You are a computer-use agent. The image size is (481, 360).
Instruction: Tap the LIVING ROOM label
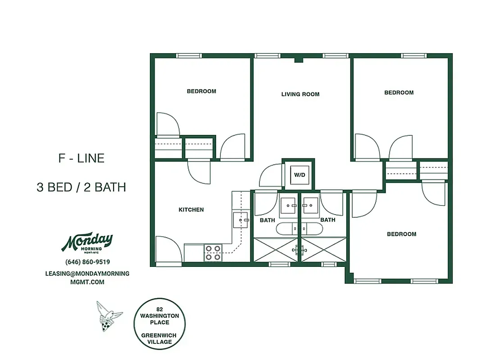pyautogui.click(x=300, y=94)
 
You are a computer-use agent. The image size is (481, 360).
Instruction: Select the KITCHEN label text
pyautogui.click(x=191, y=210)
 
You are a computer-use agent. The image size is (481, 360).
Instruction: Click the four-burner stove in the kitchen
pyautogui.click(x=213, y=252)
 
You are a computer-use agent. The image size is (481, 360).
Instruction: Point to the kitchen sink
pyautogui.click(x=239, y=220)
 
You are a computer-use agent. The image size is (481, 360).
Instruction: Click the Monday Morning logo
pyautogui.click(x=87, y=243)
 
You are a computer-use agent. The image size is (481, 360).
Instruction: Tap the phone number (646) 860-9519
pyautogui.click(x=87, y=262)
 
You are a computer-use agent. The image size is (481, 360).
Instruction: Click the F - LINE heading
pyautogui.click(x=82, y=158)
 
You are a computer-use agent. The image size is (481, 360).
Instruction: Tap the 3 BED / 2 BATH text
pyautogui.click(x=81, y=187)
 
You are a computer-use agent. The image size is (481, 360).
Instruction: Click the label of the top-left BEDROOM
pyautogui.click(x=201, y=91)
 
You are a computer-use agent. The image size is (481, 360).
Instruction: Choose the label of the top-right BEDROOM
pyautogui.click(x=399, y=93)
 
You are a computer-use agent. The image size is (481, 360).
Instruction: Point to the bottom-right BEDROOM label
pyautogui.click(x=402, y=234)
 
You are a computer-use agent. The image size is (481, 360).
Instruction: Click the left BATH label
pyautogui.click(x=267, y=220)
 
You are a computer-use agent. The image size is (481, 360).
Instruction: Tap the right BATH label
pyautogui.click(x=327, y=220)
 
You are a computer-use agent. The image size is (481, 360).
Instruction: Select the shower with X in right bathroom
pyautogui.click(x=323, y=249)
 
